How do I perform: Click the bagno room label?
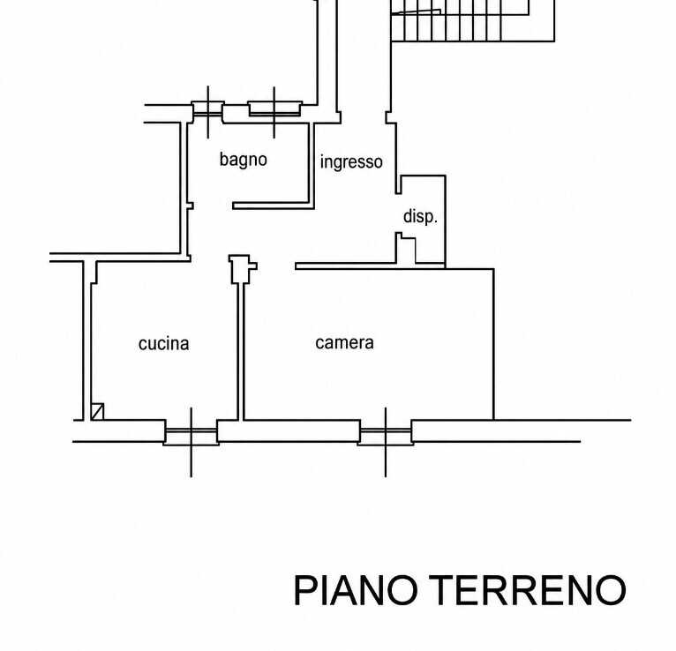(x=244, y=160)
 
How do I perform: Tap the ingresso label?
(x=351, y=162)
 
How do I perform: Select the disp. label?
(x=420, y=216)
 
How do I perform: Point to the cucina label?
(x=163, y=344)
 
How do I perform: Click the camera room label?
(x=344, y=343)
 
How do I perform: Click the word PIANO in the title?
(x=356, y=590)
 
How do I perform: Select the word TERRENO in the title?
(x=528, y=590)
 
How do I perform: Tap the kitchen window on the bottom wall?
(x=191, y=432)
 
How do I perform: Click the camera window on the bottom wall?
(x=386, y=432)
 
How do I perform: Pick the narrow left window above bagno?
(x=207, y=111)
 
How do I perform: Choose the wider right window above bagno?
(x=274, y=108)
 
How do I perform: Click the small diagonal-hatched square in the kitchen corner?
(x=97, y=411)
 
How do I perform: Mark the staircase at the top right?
(x=472, y=20)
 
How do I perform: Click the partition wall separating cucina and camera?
(x=241, y=352)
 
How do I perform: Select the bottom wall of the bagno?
(x=274, y=206)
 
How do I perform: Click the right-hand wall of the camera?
(x=493, y=344)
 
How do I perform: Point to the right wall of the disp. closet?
(x=445, y=222)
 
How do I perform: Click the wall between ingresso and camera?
(x=371, y=266)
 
